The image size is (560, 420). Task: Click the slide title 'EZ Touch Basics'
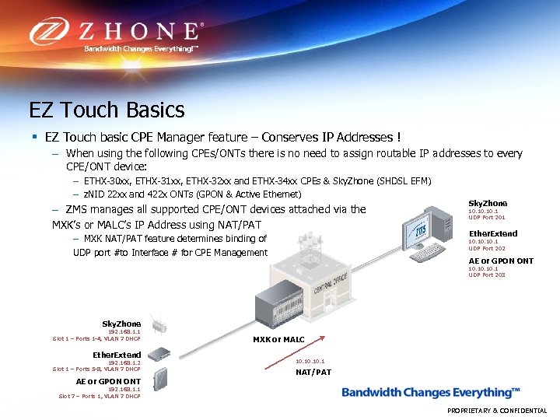(107, 110)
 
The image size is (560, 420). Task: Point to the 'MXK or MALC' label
(278, 340)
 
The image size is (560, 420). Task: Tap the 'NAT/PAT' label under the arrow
(313, 372)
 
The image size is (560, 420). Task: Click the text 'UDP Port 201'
(486, 218)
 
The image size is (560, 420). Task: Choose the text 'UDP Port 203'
(486, 275)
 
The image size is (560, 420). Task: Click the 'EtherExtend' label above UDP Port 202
(492, 233)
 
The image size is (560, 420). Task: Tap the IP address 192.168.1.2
(124, 362)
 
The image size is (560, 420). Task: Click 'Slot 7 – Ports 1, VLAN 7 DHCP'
(100, 396)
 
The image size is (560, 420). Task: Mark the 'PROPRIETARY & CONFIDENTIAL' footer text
(497, 411)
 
